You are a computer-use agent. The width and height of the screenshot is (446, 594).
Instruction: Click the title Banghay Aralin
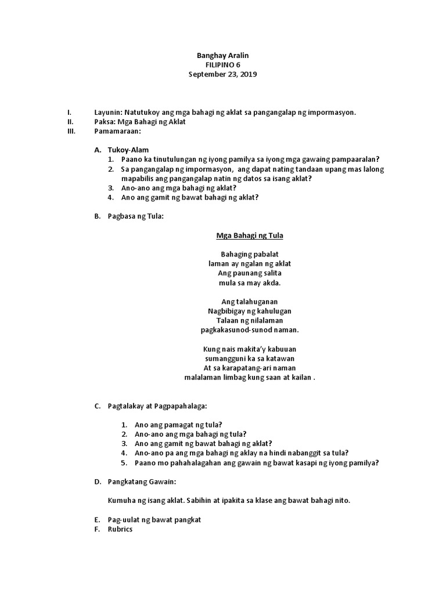pos(223,55)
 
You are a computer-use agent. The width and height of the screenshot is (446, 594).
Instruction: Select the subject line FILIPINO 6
pos(223,65)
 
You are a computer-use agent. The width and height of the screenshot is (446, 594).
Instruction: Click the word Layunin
pos(107,112)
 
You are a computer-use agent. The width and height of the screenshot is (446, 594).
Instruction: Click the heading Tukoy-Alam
pos(128,150)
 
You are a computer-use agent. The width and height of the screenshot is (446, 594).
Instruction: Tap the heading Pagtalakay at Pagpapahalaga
pos(157,406)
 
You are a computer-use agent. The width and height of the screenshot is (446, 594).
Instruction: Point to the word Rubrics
pos(120,529)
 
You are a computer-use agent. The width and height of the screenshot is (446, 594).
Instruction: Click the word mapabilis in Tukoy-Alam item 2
pos(139,178)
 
